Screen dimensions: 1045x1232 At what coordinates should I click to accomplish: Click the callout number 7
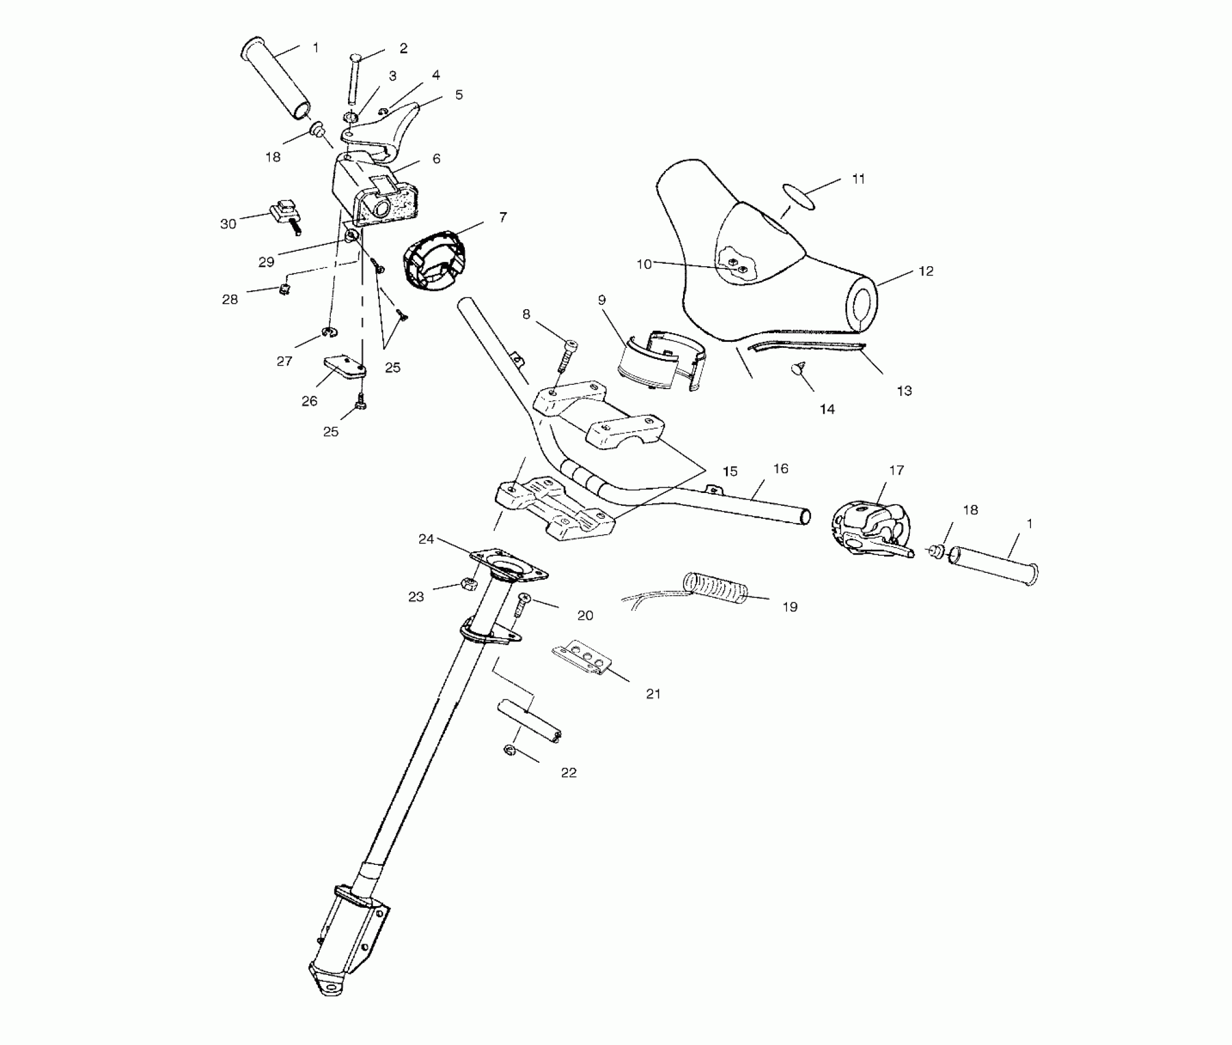503,217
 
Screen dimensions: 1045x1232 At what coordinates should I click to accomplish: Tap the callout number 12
925,271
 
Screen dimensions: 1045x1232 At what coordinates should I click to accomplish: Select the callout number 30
227,224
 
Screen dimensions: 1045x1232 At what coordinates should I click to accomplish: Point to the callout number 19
789,607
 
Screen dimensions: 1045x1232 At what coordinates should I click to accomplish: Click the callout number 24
426,539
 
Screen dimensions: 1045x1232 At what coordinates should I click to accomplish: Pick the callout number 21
653,693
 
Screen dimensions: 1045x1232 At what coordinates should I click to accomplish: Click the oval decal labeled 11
799,196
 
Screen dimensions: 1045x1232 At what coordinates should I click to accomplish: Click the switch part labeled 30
285,215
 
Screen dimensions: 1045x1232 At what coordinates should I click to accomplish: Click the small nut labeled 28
284,288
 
